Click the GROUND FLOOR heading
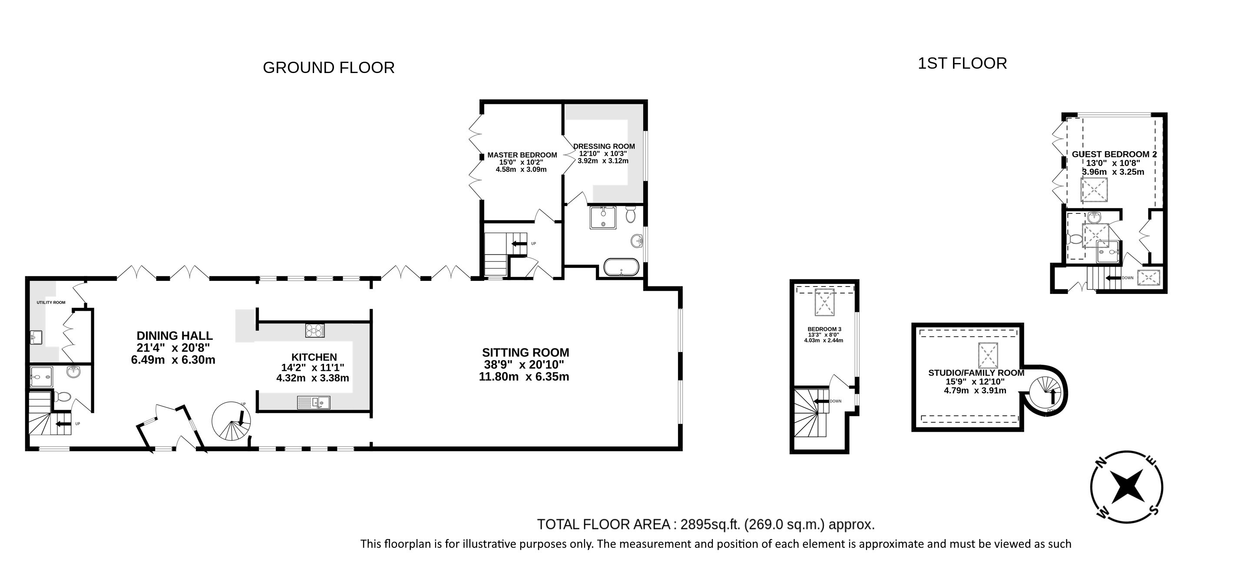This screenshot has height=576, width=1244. coord(328,68)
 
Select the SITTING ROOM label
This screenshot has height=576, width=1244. coord(526,352)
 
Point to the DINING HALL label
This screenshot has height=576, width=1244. coord(174,336)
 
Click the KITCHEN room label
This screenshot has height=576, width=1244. coord(314,357)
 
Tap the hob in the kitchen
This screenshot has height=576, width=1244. coord(315,330)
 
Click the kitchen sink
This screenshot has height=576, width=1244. coord(314,403)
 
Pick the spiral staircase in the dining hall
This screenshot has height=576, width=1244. coord(231,421)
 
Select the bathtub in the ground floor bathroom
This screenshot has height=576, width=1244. coord(621,267)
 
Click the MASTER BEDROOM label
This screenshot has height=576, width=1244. coord(522,155)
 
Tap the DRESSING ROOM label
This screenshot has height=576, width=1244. coord(604,146)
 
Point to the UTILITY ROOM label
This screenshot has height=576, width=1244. coord(51,303)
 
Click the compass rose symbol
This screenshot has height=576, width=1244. coord(1127,486)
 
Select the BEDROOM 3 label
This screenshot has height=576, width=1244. coord(824,329)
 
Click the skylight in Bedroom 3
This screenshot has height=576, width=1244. coord(824,303)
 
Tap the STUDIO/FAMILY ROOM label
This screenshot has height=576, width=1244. coord(976,373)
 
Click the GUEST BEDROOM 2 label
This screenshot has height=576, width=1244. coord(1114,154)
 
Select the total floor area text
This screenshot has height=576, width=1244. coord(706,524)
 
